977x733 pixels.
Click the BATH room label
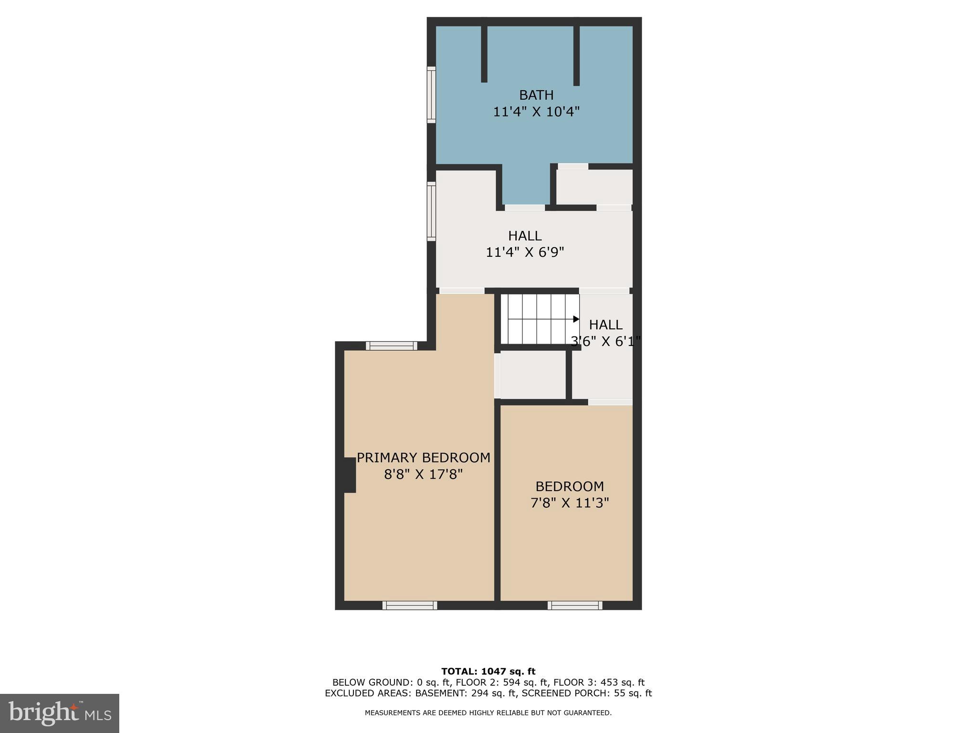[536, 95]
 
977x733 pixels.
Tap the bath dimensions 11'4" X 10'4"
[536, 112]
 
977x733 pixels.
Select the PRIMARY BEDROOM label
[423, 458]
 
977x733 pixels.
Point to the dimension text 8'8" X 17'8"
[423, 475]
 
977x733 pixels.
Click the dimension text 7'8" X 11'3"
[570, 503]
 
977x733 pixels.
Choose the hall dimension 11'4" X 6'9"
[525, 252]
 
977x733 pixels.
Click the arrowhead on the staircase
[576, 319]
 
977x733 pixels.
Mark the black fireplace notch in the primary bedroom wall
[350, 475]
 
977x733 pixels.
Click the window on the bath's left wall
[431, 94]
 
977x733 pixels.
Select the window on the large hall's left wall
[431, 211]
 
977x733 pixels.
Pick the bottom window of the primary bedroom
[410, 606]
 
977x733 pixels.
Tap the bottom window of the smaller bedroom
[575, 606]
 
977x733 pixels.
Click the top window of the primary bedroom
[392, 346]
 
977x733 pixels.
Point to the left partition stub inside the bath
[484, 53]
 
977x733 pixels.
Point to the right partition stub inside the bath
[576, 55]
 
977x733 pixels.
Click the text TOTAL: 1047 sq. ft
[488, 672]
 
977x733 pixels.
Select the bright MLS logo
[60, 713]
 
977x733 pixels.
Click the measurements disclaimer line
[488, 713]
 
